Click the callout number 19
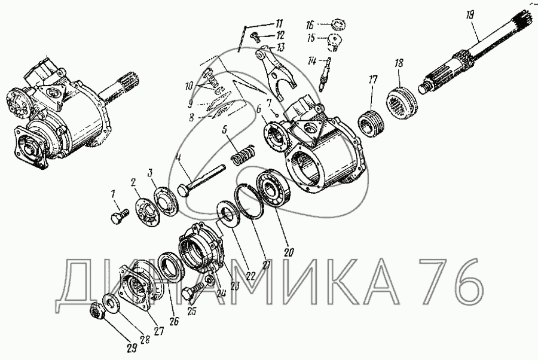point(470,16)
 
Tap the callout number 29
point(132,348)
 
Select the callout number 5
point(225,130)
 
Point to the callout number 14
point(312,62)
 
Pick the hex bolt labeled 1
point(120,216)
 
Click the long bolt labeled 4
point(202,181)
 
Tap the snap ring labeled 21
point(249,200)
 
